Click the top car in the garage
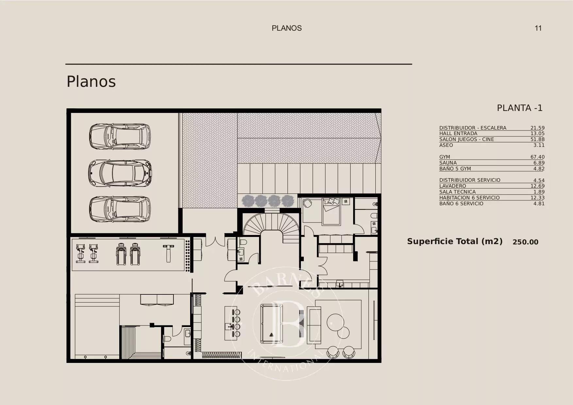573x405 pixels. tap(120, 136)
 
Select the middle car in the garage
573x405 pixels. tap(120, 173)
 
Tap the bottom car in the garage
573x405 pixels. tap(120, 209)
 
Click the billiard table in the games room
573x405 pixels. tap(271, 323)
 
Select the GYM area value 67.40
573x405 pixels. tap(537, 157)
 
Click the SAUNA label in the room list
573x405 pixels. tap(448, 163)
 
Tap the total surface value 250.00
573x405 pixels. tap(525, 242)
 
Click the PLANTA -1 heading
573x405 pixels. tap(519, 108)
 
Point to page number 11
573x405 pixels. tap(538, 28)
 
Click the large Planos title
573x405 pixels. tap(91, 82)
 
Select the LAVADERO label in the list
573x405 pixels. tap(452, 186)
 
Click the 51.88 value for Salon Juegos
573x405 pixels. tap(537, 139)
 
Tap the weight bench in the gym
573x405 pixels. tap(168, 254)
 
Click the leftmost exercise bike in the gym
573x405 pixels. tap(80, 254)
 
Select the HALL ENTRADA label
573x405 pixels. tap(458, 133)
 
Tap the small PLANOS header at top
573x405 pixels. tap(286, 28)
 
